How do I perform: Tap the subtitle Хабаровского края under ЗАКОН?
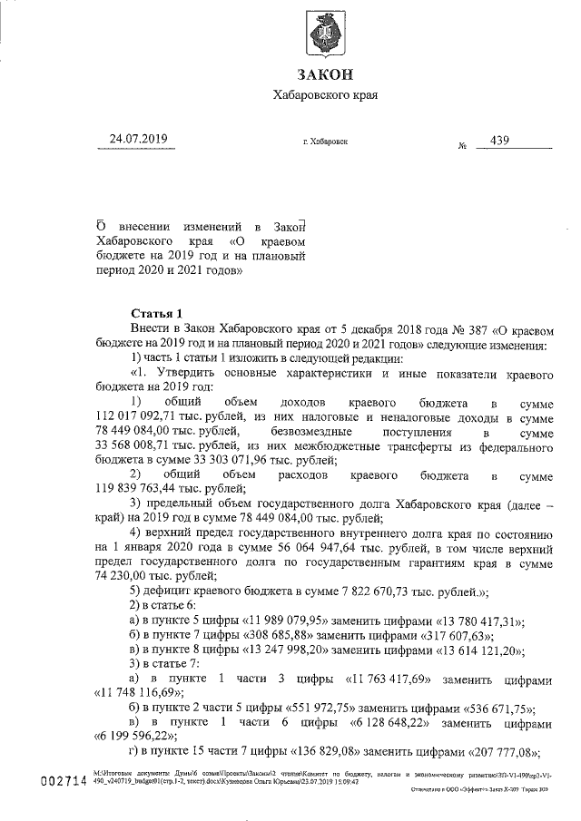tap(324, 94)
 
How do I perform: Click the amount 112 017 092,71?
tap(140, 416)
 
